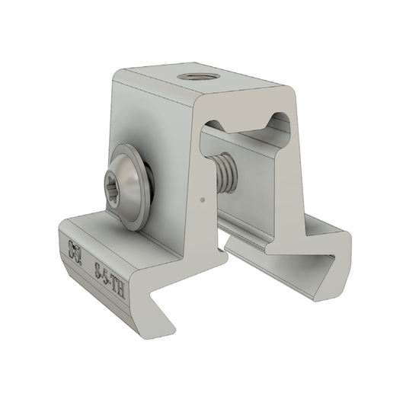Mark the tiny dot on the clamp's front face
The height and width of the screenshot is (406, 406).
(x=200, y=200)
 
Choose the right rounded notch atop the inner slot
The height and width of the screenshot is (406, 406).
(x=280, y=120)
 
